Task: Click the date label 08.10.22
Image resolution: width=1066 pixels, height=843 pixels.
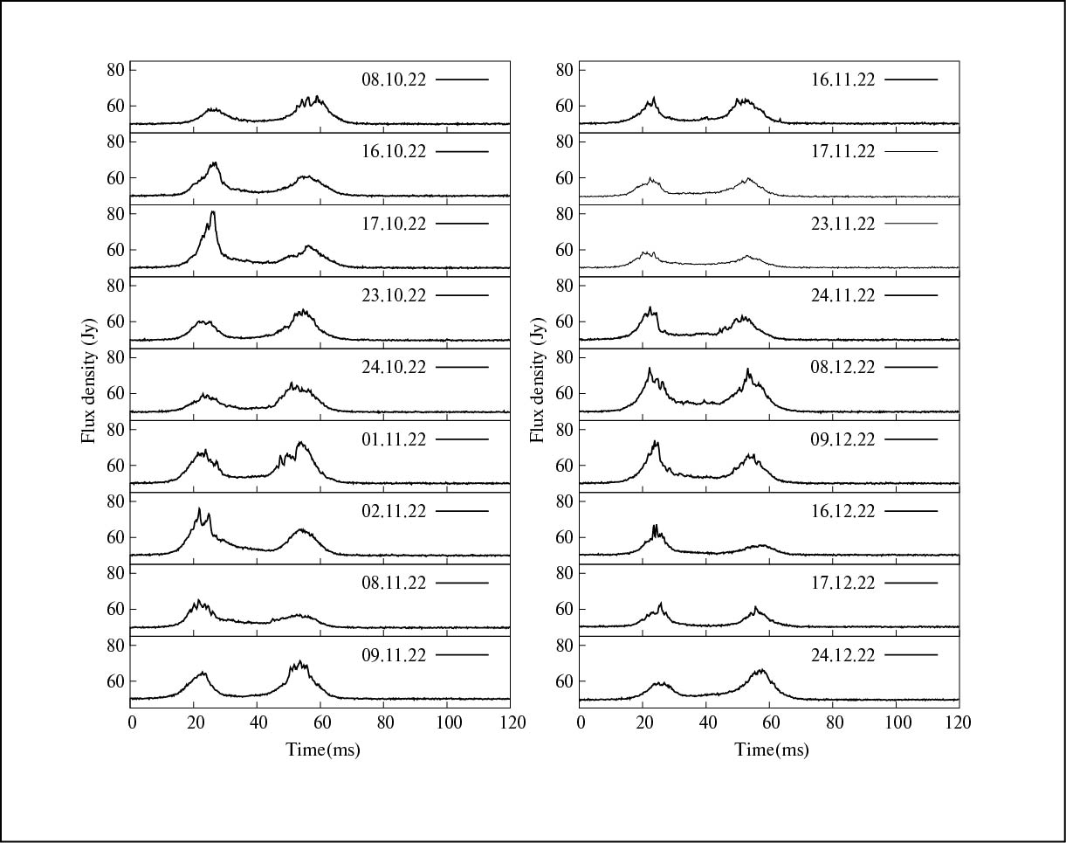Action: [x=394, y=79]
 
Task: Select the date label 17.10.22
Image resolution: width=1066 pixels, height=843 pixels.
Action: [x=394, y=224]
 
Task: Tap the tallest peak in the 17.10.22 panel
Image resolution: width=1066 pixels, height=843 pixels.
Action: [x=212, y=212]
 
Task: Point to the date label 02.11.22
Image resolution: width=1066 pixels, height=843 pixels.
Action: [x=394, y=511]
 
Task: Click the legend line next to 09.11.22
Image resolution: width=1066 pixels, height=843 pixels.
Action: [x=462, y=654]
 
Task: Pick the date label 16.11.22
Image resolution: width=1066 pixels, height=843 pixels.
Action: [x=842, y=79]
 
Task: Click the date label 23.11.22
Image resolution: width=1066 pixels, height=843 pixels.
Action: [x=842, y=224]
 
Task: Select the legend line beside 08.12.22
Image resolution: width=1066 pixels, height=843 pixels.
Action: [x=911, y=367]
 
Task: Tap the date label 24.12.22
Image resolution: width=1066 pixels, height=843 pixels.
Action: [x=842, y=654]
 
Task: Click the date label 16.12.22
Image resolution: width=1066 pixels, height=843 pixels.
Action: [x=842, y=511]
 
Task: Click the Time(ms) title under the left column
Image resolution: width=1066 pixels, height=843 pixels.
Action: [x=323, y=750]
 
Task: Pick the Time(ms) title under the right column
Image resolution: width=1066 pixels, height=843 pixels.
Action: [x=772, y=750]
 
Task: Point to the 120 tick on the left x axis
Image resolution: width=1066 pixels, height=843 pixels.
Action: [x=511, y=722]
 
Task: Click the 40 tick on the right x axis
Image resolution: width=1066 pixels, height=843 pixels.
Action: [x=707, y=722]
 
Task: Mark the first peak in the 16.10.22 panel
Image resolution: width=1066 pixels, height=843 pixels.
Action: [x=213, y=163]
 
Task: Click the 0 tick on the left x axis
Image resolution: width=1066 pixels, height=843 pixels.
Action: [x=131, y=722]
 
